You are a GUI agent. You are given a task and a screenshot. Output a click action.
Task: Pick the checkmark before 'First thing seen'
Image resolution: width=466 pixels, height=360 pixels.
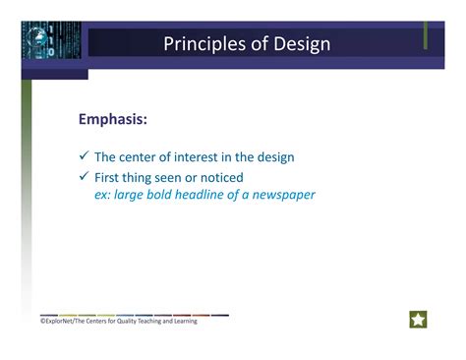coord(85,177)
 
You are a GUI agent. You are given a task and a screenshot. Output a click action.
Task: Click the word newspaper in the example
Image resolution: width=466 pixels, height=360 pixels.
coord(281,195)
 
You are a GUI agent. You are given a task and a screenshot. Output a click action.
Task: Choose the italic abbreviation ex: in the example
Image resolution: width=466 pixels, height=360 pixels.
coord(103,195)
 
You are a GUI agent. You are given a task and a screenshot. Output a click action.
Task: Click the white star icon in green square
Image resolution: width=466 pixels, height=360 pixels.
coord(418,320)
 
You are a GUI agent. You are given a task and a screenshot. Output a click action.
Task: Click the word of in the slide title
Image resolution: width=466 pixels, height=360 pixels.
coord(252,44)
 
